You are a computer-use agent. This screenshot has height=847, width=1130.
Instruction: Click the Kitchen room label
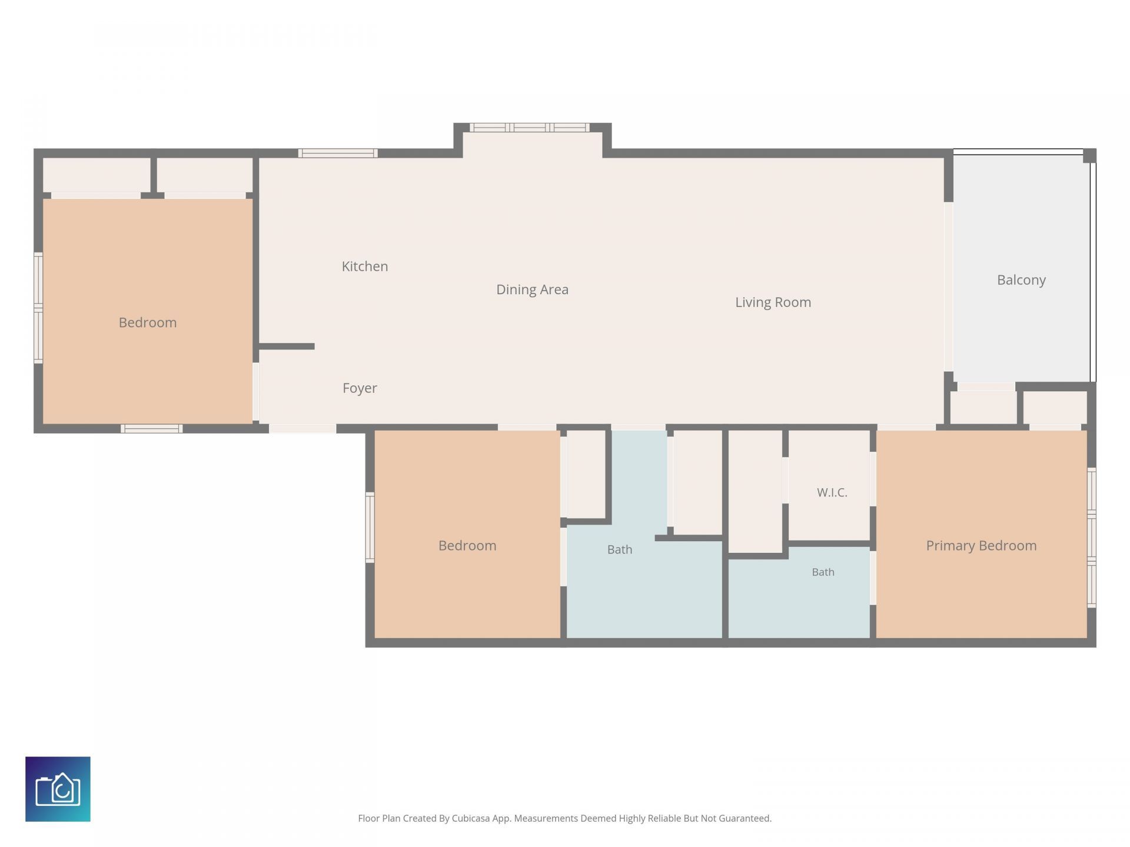click(365, 266)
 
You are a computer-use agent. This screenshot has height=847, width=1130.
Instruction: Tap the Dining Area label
click(532, 289)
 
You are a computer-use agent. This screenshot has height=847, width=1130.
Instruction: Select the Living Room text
click(773, 302)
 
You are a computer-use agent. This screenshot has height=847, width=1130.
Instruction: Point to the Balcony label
click(1021, 280)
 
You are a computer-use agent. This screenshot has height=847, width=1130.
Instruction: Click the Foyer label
click(360, 388)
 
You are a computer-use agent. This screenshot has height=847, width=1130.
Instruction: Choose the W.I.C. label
click(832, 492)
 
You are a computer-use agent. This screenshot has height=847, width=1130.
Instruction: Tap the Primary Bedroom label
click(981, 546)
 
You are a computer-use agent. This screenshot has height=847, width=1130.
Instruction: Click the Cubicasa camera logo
click(58, 789)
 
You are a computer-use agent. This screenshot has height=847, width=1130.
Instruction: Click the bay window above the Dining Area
click(530, 128)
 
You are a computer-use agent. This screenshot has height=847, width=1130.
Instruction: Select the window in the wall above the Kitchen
click(338, 154)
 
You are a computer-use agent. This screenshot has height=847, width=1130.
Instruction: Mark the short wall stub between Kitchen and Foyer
click(287, 346)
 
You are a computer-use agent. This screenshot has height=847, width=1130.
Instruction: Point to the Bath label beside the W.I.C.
click(823, 572)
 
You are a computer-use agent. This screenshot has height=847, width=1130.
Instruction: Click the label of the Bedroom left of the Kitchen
click(148, 322)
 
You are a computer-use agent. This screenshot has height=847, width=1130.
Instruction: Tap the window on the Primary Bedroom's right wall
click(1092, 538)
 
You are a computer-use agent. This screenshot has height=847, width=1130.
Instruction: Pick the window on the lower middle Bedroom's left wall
click(370, 528)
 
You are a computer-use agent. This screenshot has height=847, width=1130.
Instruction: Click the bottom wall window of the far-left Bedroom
click(151, 429)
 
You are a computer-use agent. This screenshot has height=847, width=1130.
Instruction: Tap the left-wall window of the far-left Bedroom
click(38, 308)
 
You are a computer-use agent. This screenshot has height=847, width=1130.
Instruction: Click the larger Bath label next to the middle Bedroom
click(620, 549)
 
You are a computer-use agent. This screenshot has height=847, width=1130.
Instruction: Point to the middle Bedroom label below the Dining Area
click(467, 546)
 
